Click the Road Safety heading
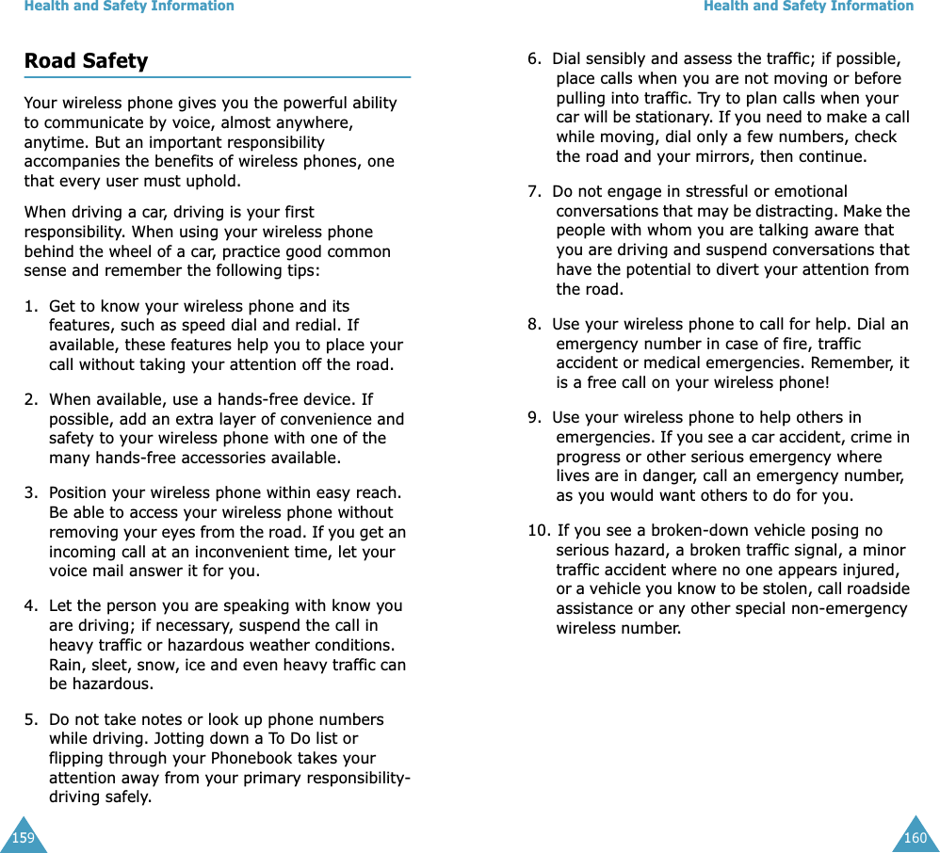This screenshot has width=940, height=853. [x=86, y=61]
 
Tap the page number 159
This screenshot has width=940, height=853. [x=23, y=837]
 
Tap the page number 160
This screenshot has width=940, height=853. [x=915, y=837]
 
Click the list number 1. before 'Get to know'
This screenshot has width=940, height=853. [x=32, y=306]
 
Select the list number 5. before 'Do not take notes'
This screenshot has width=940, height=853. [x=32, y=719]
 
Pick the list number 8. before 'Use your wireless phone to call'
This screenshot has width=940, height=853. [x=534, y=324]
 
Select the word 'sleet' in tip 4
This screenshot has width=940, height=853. [x=103, y=665]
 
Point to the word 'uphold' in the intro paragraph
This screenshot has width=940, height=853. [x=213, y=182]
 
